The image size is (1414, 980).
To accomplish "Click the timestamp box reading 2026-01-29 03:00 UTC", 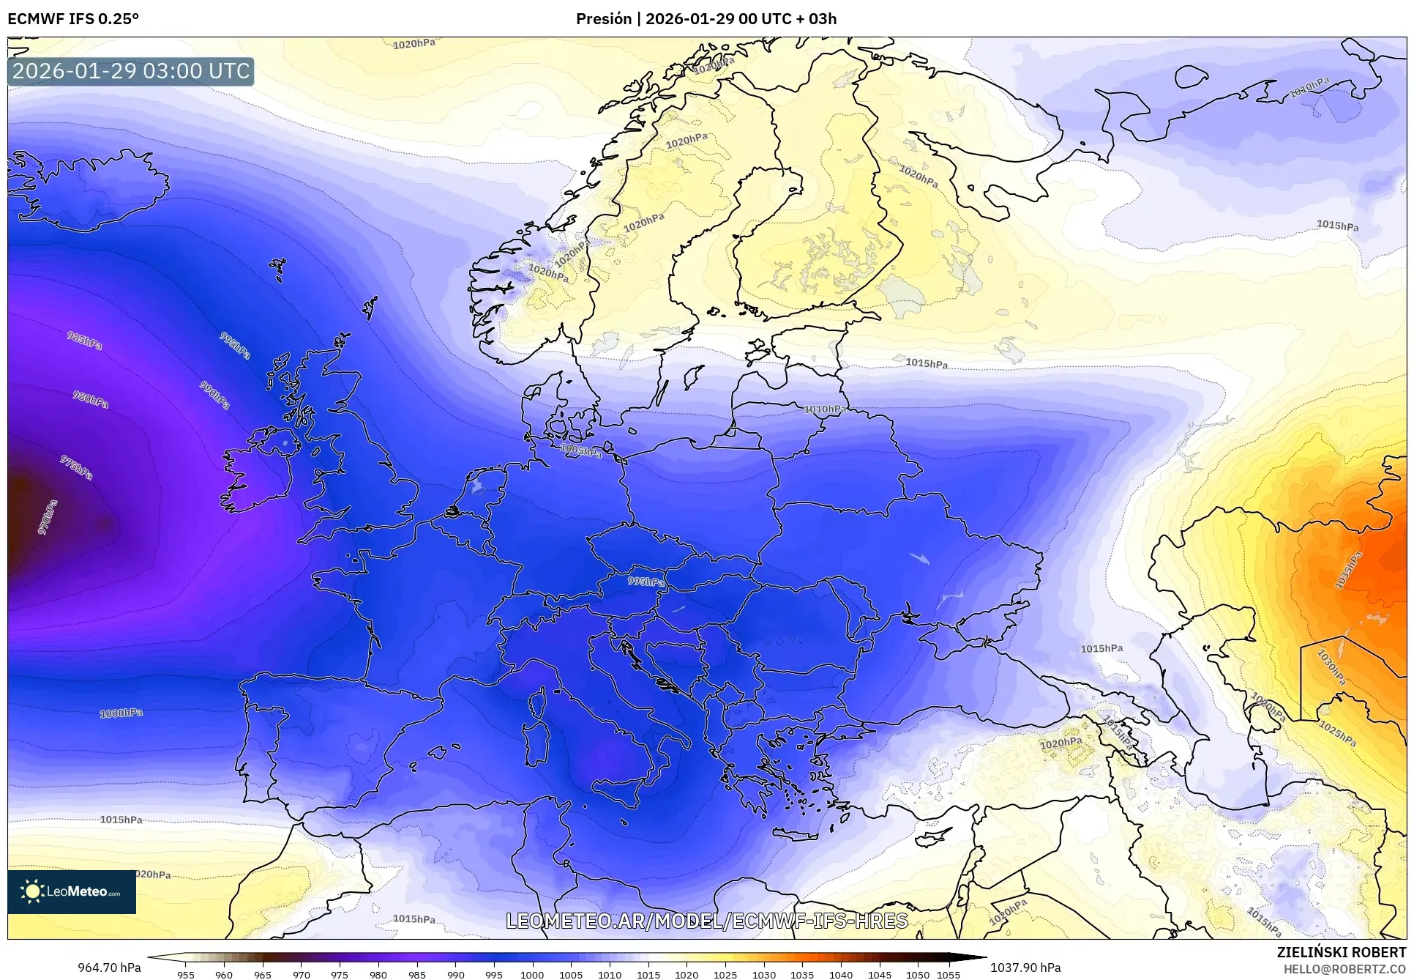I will [131, 71].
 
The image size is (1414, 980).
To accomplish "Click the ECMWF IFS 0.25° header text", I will [73, 18].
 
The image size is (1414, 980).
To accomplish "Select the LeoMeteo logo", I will [72, 891].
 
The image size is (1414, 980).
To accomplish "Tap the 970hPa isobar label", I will [46, 517].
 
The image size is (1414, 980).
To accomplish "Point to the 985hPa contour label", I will [84, 340].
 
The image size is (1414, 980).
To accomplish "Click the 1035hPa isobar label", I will [1348, 570].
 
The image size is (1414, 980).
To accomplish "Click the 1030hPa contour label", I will [1331, 667].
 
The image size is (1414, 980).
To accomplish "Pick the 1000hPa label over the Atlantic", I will [121, 713].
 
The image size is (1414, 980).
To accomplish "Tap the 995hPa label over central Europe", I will [646, 582].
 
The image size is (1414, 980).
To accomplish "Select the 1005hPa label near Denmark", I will [581, 451].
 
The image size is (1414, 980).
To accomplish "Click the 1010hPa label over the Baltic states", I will [825, 409].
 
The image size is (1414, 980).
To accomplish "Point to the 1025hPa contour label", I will [1337, 733].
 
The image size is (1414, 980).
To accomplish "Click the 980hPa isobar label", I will [90, 399].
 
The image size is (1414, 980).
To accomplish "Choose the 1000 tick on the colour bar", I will [532, 974].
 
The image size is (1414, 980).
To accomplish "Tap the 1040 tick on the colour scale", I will [840, 974].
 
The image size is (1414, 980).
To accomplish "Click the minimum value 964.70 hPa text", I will [109, 968].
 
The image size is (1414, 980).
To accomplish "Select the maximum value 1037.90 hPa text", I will [1025, 968].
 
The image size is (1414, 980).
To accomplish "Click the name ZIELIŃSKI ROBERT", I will [1341, 952].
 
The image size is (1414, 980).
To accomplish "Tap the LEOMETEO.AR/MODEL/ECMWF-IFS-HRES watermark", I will [706, 921].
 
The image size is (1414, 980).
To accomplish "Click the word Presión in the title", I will [603, 18].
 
